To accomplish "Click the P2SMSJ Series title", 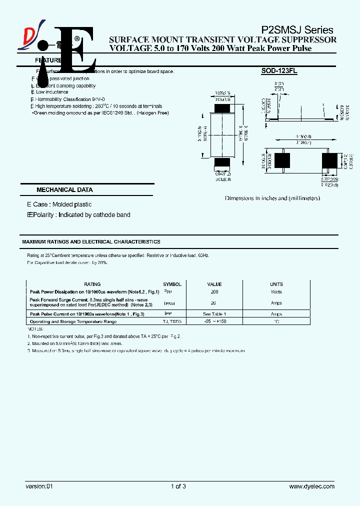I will click(x=297, y=30).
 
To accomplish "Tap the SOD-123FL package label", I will click(x=279, y=71).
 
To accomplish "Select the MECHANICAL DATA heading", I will click(x=64, y=190).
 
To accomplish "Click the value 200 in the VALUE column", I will click(x=214, y=292).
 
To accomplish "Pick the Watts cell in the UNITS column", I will click(x=276, y=292).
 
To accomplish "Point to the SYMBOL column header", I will click(x=172, y=284).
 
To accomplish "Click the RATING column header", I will click(x=92, y=284).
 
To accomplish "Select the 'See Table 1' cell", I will click(x=214, y=314).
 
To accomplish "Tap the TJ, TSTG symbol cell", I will click(x=172, y=322).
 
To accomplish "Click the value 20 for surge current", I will click(x=214, y=303).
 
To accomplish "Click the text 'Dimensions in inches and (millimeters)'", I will click(x=272, y=198).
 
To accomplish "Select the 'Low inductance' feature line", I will click(x=52, y=92).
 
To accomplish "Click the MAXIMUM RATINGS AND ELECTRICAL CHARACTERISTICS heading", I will click(x=91, y=242).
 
